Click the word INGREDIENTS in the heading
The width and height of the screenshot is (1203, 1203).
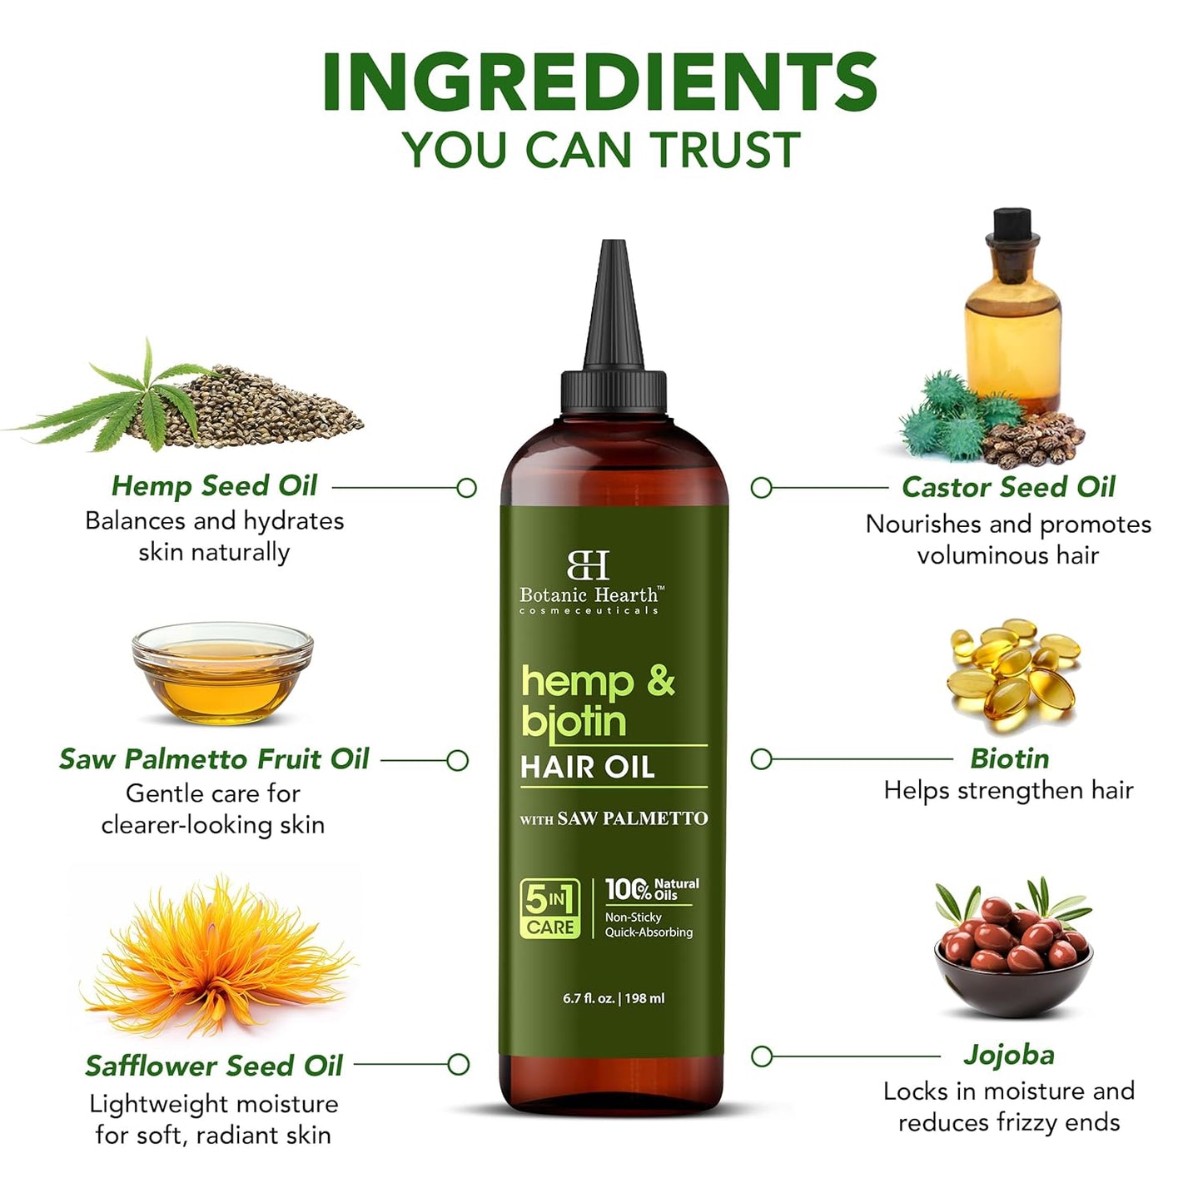[599, 82]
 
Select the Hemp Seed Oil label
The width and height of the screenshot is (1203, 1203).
[214, 485]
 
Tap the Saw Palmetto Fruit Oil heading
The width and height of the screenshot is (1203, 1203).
[214, 758]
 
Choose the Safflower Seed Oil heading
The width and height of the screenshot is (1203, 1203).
[214, 1065]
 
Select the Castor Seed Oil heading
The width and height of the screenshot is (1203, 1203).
[1008, 487]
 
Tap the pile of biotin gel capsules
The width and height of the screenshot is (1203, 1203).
[1012, 674]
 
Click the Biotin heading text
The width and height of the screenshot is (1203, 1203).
[1009, 758]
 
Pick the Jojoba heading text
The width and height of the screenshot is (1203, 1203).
[1009, 1055]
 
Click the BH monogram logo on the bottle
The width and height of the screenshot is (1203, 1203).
[589, 565]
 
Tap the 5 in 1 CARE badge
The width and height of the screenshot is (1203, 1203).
[549, 909]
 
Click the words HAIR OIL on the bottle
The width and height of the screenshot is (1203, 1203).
[588, 767]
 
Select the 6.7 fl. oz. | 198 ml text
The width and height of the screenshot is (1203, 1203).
[614, 998]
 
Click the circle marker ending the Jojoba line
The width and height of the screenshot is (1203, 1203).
[761, 1056]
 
